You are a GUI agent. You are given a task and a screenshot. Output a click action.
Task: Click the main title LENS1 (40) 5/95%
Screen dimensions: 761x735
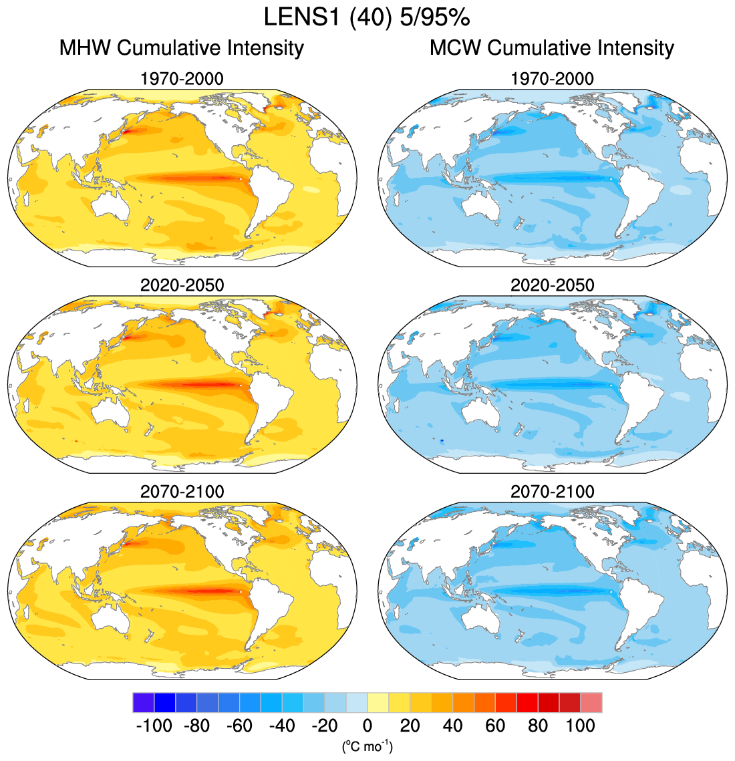pyautogui.click(x=367, y=17)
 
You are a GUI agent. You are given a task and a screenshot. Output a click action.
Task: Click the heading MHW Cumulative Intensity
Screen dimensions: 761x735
pyautogui.click(x=182, y=48)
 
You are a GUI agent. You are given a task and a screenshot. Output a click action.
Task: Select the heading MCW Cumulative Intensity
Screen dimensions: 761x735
pyautogui.click(x=552, y=48)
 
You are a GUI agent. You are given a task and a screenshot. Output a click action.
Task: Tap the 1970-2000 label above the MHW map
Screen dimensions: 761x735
pyautogui.click(x=182, y=79)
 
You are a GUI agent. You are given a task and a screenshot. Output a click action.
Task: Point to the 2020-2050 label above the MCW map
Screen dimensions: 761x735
pyautogui.click(x=552, y=285)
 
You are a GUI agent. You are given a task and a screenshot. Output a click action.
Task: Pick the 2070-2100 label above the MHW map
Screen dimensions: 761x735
pyautogui.click(x=182, y=492)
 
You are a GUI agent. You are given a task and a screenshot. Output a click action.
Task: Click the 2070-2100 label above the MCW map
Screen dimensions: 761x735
pyautogui.click(x=552, y=492)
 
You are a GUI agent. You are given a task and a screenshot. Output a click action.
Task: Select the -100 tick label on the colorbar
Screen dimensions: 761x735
pyautogui.click(x=154, y=726)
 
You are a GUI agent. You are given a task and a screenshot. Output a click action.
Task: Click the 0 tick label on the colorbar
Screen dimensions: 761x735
pyautogui.click(x=367, y=726)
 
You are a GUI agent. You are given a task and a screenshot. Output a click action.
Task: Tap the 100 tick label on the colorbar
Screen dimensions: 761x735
pyautogui.click(x=580, y=726)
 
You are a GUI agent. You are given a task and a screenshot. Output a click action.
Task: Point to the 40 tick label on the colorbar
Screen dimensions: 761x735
pyautogui.click(x=452, y=726)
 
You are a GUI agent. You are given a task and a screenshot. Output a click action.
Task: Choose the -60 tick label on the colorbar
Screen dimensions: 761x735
pyautogui.click(x=239, y=726)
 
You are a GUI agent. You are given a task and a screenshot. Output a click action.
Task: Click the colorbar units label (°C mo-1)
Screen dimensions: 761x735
pyautogui.click(x=367, y=746)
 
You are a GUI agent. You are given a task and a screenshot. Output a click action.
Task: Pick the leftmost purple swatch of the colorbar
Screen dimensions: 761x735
pyautogui.click(x=144, y=703)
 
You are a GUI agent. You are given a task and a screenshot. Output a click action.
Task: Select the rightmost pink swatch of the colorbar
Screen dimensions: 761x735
pyautogui.click(x=591, y=703)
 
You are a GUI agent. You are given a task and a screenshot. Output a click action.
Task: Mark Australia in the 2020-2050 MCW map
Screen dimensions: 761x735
pyautogui.click(x=481, y=418)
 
